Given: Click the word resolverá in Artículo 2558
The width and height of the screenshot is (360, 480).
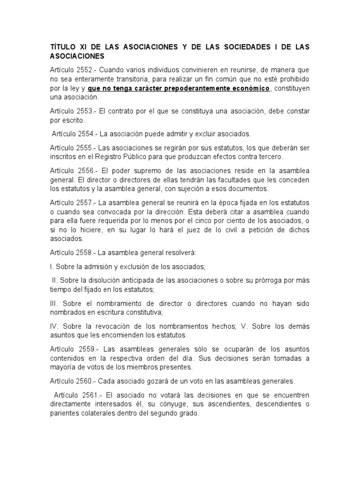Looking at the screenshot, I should click(180, 252).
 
